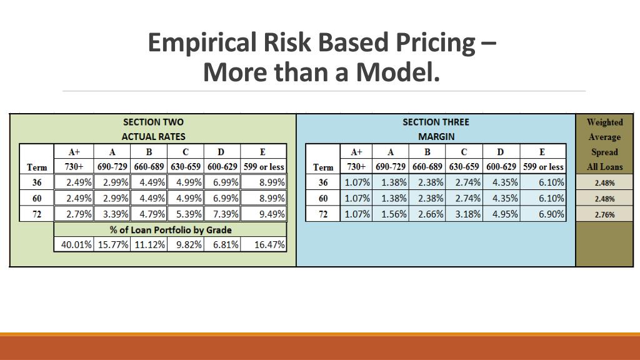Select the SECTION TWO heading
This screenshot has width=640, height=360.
pos(153,122)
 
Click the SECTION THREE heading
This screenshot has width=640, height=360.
pos(436,122)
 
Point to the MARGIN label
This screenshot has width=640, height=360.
pos(436,136)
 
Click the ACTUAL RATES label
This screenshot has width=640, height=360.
pos(153,136)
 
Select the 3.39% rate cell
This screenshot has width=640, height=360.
pos(112,214)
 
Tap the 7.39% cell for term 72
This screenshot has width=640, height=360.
pos(222,214)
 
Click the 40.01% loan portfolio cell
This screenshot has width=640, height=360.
pos(74,244)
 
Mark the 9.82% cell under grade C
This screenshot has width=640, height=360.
pos(186,244)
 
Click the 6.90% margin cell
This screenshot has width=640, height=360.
pos(543,214)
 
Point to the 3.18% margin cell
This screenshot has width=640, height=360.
pos(464,214)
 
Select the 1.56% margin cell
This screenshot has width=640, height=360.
pos(391,214)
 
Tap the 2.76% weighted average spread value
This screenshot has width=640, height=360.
pos(604,214)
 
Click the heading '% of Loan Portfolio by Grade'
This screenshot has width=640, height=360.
pos(170,229)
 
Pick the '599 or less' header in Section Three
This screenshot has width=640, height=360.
pos(543,167)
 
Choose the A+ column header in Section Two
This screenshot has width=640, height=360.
pos(74,152)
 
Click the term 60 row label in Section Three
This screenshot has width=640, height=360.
pos(323,199)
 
